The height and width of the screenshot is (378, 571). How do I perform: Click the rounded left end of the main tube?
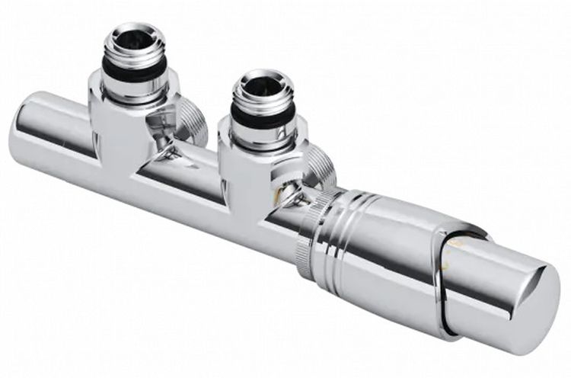click(x=30, y=134)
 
